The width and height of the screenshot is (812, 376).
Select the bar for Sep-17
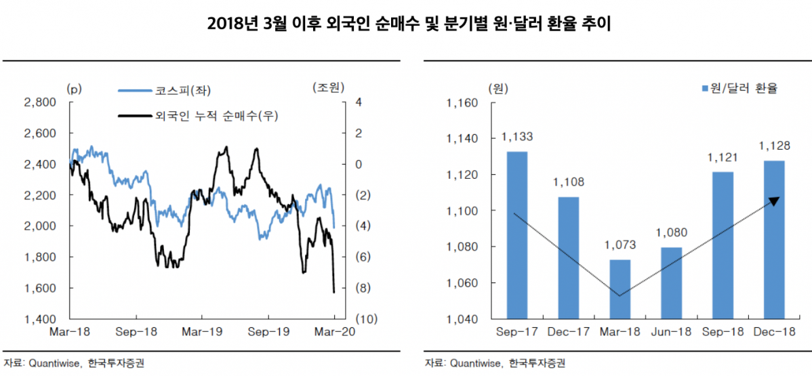pos(516,234)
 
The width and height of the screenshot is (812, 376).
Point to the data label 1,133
pos(517,137)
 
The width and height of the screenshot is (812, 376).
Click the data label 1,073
pos(620,245)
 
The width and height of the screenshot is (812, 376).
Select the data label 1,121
pos(723,158)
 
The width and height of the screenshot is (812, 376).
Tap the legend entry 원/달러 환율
pos(739,89)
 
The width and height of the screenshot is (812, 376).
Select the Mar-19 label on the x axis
pos(201,333)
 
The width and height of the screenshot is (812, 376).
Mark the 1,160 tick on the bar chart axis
pos(462,104)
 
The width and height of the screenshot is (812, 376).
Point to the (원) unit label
pos(497,89)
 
